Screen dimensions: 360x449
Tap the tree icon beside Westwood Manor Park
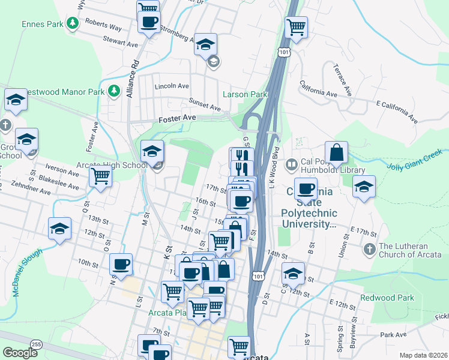(114, 91)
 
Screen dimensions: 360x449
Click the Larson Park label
(244, 94)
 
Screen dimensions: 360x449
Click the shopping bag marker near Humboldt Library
(337, 154)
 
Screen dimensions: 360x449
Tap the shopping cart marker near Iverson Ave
(100, 176)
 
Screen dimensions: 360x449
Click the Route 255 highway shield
(37, 344)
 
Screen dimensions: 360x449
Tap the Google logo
(20, 353)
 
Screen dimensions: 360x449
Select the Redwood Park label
(387, 298)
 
